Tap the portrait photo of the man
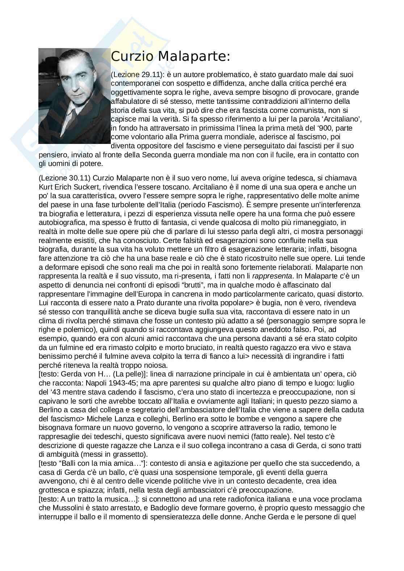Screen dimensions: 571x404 74,96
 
